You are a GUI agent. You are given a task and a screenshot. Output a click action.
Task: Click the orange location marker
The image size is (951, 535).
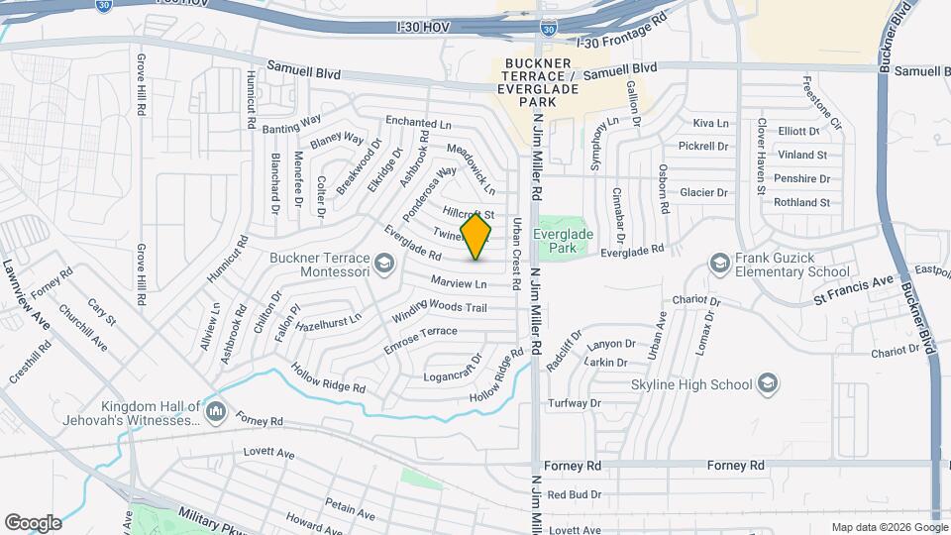(x=476, y=236)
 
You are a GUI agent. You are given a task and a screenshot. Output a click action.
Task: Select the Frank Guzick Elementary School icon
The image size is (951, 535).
(x=720, y=263)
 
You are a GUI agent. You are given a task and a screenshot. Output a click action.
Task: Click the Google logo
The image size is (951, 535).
(x=33, y=522)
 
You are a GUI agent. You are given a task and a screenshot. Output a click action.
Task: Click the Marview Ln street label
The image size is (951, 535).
(x=457, y=283)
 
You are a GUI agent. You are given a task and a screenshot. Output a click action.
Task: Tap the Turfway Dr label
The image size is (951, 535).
(x=576, y=403)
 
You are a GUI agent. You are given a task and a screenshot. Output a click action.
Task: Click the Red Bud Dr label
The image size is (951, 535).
(x=575, y=494)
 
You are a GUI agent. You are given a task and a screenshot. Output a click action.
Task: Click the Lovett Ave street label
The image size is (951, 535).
(x=269, y=454)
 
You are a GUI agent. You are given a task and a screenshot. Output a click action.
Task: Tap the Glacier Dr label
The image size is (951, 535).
(x=704, y=192)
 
